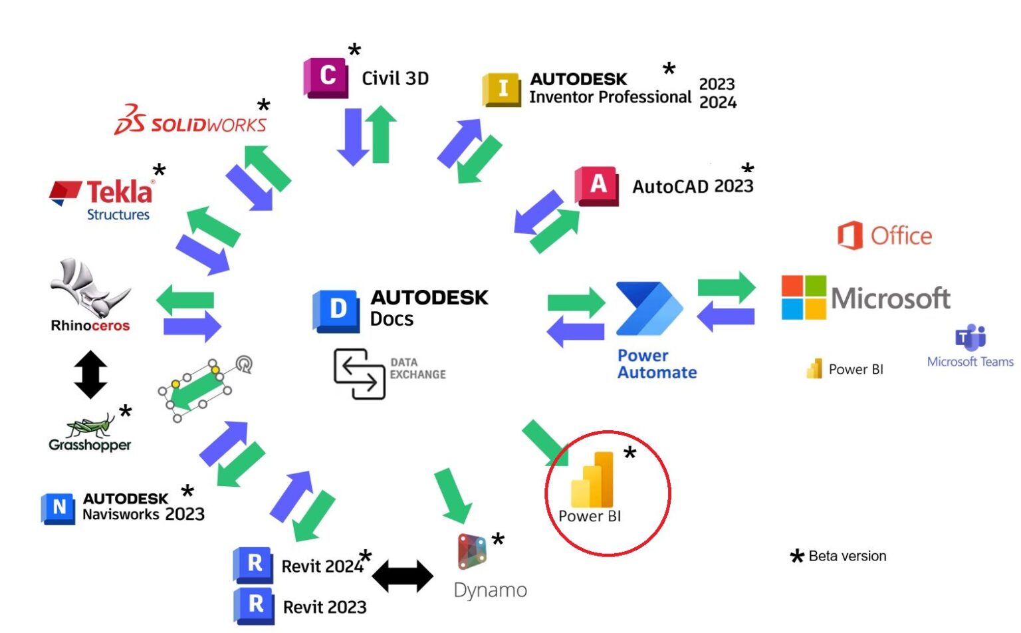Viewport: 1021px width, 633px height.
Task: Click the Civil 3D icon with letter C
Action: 326,78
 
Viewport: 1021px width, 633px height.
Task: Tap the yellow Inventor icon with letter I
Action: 502,89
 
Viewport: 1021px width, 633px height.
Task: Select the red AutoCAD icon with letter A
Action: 597,186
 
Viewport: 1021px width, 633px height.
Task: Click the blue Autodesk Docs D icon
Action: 336,310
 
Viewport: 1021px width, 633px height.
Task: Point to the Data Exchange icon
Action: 359,374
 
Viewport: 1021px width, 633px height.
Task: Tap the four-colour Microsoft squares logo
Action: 804,297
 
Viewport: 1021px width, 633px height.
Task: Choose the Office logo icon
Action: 850,235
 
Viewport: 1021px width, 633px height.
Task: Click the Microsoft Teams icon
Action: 970,338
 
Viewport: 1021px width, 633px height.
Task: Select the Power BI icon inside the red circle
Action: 592,480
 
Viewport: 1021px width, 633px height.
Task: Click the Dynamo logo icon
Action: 472,552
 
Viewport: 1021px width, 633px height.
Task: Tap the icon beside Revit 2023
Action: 254,606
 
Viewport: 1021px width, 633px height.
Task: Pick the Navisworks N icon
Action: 58,508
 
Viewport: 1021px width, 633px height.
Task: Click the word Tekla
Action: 120,192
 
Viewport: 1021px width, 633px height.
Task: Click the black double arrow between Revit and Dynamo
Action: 402,576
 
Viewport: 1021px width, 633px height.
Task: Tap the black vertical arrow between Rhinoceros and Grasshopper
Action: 91,374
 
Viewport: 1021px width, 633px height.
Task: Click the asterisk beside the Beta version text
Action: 797,557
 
